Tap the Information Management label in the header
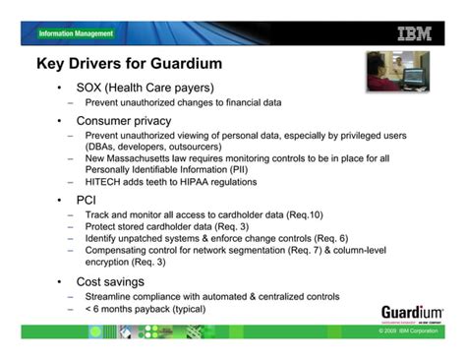76,33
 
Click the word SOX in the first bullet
90,87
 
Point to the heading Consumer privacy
124,120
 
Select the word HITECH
105,182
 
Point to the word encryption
111,263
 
